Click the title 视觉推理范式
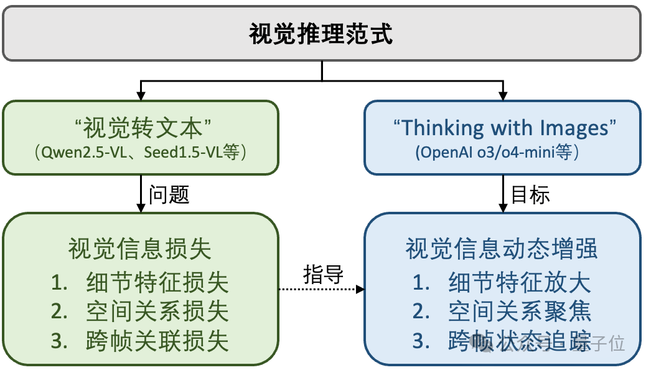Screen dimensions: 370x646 click(321, 34)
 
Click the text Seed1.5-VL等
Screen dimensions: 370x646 click(190, 153)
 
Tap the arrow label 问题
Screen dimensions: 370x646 click(169, 194)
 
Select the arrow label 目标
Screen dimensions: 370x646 click(530, 194)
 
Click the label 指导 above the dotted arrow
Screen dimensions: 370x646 click(324, 275)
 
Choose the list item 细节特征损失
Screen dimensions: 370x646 click(157, 283)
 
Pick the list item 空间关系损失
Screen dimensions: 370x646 click(157, 312)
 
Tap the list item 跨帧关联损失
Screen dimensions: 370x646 click(157, 341)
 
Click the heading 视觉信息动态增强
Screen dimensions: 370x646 click(502, 249)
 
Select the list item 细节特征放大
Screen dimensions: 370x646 click(520, 283)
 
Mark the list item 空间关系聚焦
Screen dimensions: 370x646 click(520, 312)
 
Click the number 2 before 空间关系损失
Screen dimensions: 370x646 click(60, 312)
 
